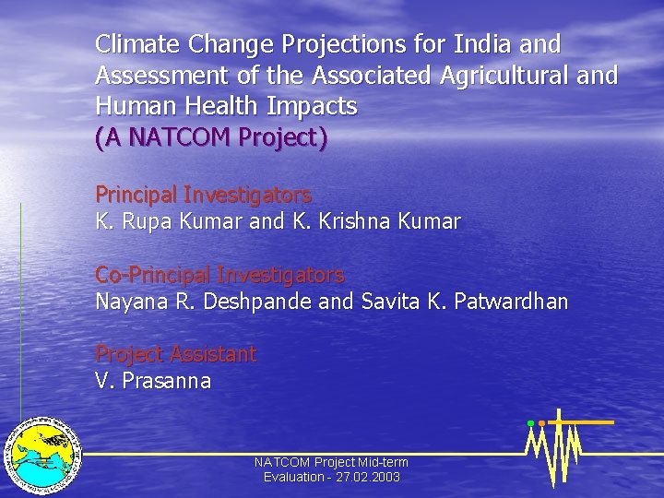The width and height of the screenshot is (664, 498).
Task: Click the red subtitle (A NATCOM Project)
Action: (211, 138)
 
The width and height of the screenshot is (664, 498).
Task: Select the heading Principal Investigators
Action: (203, 195)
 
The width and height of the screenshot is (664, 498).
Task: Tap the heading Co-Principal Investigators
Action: (219, 275)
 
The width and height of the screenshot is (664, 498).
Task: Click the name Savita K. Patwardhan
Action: (465, 302)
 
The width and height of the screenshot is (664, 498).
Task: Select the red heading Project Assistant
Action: (175, 354)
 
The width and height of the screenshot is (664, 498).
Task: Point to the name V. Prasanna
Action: (153, 381)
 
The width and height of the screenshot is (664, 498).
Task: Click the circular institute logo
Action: (41, 455)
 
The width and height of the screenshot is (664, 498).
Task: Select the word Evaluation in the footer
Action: (291, 478)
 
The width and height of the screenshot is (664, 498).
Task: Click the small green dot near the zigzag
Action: (530, 423)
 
